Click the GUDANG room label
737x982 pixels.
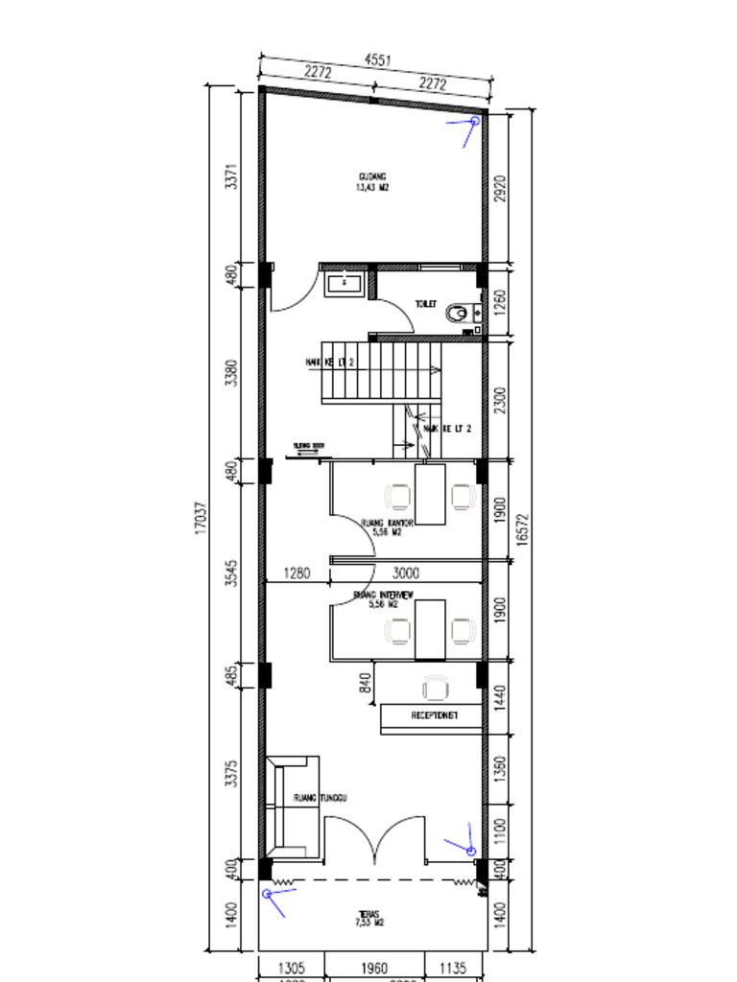pos(372,176)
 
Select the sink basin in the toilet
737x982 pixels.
pos(344,283)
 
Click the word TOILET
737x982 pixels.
pos(425,303)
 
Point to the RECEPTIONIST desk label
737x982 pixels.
pos(434,715)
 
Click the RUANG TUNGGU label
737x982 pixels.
pos(320,798)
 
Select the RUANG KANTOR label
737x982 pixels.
pos(387,524)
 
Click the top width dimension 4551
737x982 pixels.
pos(377,59)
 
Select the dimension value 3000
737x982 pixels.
pos(407,573)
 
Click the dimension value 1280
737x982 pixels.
pos(297,573)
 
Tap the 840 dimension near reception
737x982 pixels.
pos(365,682)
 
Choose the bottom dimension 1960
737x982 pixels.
pos(374,969)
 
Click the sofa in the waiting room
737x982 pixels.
pos(292,806)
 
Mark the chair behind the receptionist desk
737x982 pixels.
pos(435,688)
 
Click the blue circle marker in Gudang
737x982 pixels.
pos(474,122)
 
